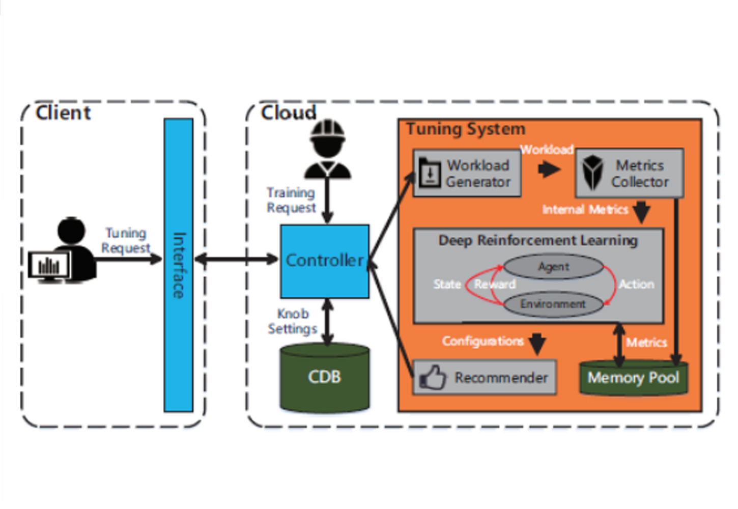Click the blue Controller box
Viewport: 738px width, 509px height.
pyautogui.click(x=325, y=261)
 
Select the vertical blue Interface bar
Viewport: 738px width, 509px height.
pyautogui.click(x=178, y=265)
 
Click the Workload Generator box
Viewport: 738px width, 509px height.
pyautogui.click(x=467, y=174)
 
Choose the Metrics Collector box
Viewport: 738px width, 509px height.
pyautogui.click(x=629, y=174)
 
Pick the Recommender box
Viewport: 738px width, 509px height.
pyautogui.click(x=485, y=377)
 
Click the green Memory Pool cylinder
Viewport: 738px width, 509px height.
pyautogui.click(x=634, y=378)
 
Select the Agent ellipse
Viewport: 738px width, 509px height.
pyautogui.click(x=553, y=267)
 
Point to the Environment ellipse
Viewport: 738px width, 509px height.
pyautogui.click(x=553, y=304)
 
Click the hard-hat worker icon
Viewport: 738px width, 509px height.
pyautogui.click(x=328, y=149)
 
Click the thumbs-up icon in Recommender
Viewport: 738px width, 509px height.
pyautogui.click(x=432, y=377)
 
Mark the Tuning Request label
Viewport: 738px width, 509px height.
pyautogui.click(x=126, y=240)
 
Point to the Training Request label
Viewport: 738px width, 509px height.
pyautogui.click(x=291, y=200)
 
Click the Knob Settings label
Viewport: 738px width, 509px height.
pyautogui.click(x=293, y=321)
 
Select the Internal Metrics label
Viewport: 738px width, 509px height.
pyautogui.click(x=585, y=209)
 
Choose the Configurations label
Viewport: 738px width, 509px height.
pyautogui.click(x=482, y=341)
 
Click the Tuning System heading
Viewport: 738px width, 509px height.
pyautogui.click(x=466, y=129)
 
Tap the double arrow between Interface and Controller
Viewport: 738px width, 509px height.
pyautogui.click(x=237, y=260)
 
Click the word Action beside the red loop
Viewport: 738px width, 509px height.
pyautogui.click(x=636, y=284)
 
